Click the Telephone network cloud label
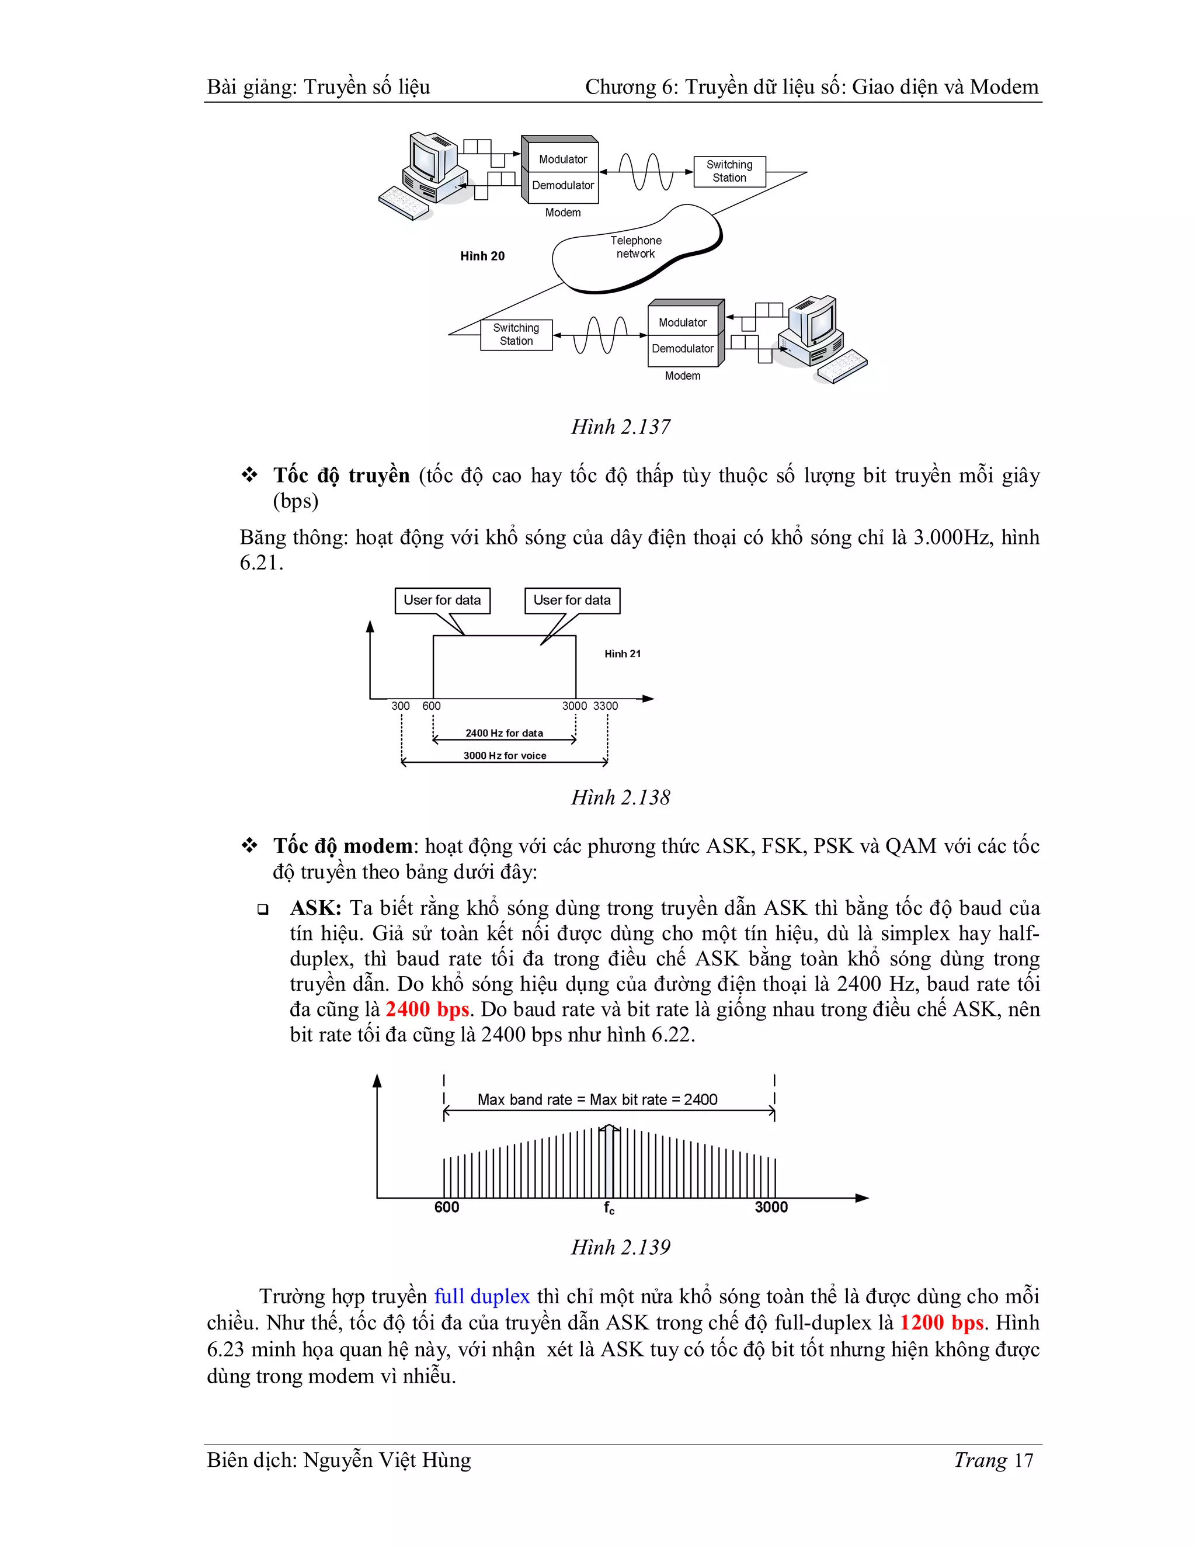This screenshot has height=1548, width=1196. (x=635, y=247)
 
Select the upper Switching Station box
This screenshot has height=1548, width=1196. (x=729, y=171)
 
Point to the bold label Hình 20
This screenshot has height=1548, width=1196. (x=482, y=256)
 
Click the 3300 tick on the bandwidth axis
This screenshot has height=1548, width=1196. (x=605, y=706)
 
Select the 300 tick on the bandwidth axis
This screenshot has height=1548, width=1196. (x=400, y=706)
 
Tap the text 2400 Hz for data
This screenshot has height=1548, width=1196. (x=504, y=733)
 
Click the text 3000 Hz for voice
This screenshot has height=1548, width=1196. (x=505, y=755)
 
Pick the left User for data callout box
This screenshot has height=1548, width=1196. (x=442, y=601)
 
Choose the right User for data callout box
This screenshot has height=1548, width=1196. (x=572, y=601)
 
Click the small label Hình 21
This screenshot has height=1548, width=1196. (x=622, y=654)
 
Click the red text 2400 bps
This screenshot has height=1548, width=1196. (x=427, y=1009)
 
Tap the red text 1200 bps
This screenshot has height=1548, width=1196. (x=941, y=1323)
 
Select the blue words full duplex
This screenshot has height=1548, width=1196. (x=482, y=1296)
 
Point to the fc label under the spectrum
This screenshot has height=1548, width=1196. (x=609, y=1208)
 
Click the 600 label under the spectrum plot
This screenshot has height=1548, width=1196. (x=446, y=1207)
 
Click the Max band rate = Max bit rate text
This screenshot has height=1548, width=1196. (x=597, y=1099)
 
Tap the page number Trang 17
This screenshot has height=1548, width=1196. (x=993, y=1460)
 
